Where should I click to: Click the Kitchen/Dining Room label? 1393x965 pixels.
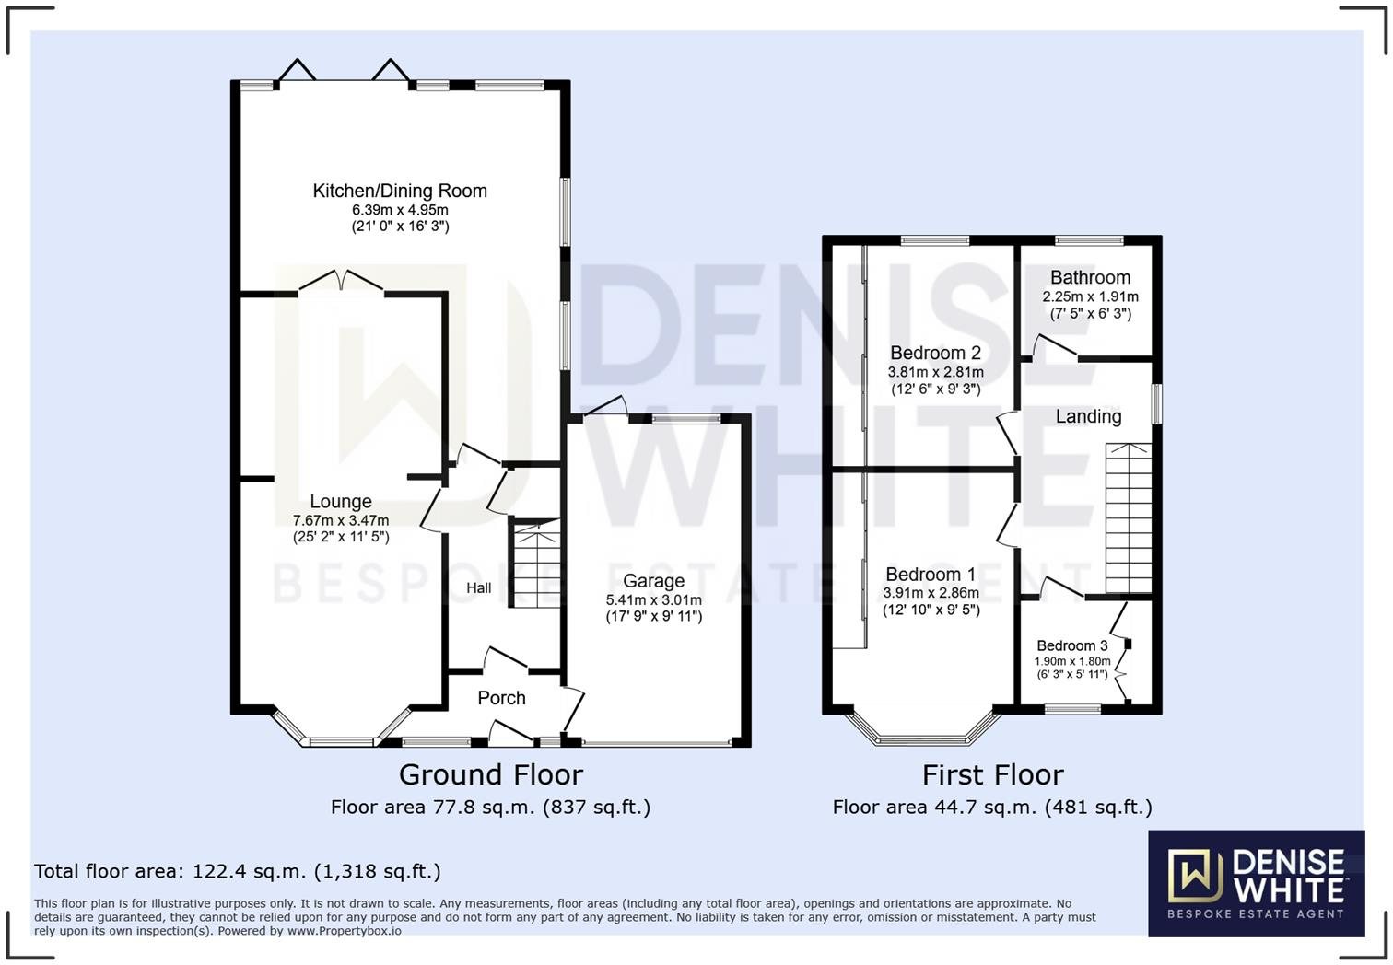[400, 191]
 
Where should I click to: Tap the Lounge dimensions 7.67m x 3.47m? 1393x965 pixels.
[341, 520]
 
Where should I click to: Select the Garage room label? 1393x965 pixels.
[653, 581]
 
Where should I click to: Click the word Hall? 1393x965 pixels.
[478, 587]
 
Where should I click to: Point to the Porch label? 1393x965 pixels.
[501, 698]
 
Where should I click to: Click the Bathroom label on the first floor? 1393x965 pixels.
[1090, 277]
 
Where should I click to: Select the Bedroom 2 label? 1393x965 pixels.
[935, 353]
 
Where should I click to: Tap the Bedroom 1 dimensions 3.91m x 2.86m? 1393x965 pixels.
[931, 593]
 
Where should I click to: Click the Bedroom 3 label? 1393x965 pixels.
[1071, 645]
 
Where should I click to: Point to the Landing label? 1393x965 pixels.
[1088, 416]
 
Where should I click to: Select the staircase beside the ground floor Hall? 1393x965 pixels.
[536, 564]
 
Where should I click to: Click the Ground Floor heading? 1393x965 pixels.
[490, 774]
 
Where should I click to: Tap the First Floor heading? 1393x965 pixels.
[992, 774]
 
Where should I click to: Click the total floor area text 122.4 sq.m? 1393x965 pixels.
[238, 871]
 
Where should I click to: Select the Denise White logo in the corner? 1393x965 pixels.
[1256, 883]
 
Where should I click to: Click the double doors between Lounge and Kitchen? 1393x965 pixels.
[341, 281]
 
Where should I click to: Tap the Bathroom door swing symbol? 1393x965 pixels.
[1053, 346]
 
